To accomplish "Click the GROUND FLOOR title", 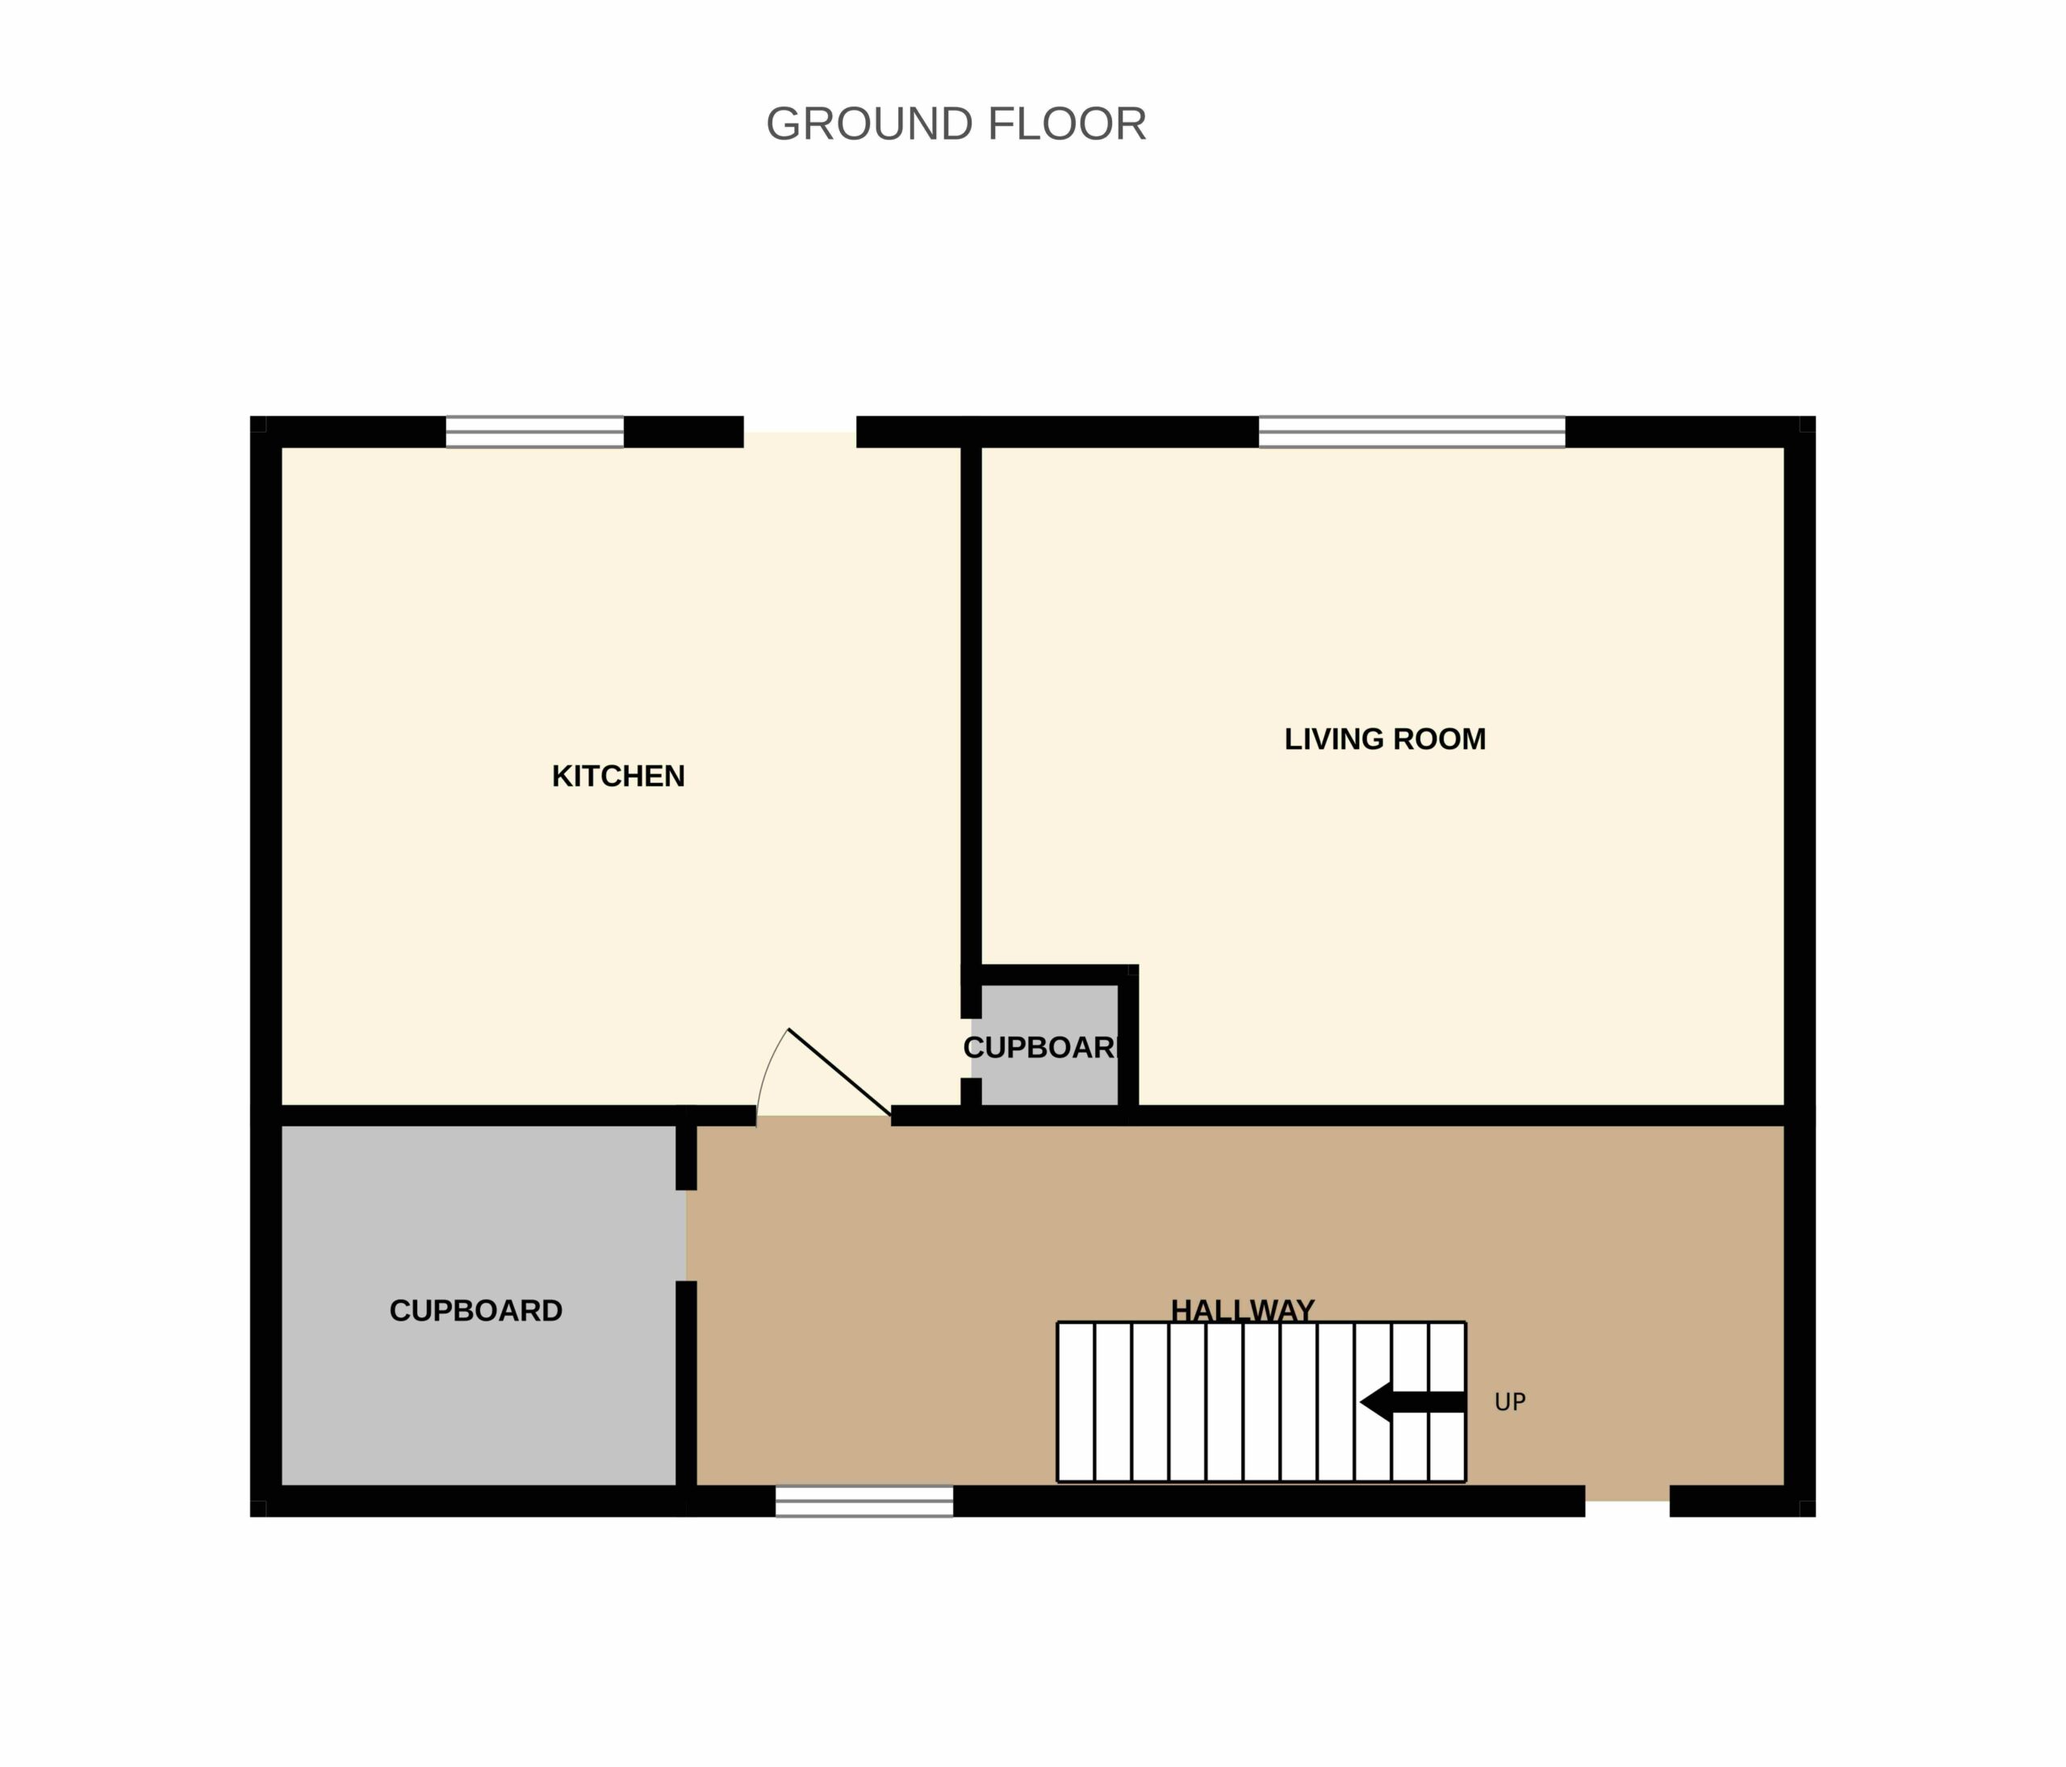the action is coord(956,124).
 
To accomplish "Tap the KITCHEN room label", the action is coord(618,776).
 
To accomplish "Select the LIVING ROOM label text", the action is coord(1385,739).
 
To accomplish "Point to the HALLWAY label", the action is coord(1242,1309).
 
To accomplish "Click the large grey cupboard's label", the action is coord(475,1310).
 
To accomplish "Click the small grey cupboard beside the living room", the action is coord(1045,1045).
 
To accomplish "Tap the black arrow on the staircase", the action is coord(1411,1402).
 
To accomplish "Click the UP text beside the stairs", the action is coord(1510,1402).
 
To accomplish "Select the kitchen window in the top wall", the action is coord(534,432).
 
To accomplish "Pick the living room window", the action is coord(1411,432).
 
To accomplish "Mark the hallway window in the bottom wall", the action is coord(864,1501).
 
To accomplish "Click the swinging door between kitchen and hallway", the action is coord(839,1072).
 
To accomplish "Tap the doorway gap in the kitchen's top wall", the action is coord(800,432).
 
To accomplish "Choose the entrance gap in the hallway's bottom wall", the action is coord(1627,1501).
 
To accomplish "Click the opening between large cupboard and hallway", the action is coord(686,1236).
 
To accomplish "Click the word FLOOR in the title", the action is coord(1067,124).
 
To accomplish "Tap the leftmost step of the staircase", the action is coord(1076,1402).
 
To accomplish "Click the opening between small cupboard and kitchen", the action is coord(971,1048).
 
